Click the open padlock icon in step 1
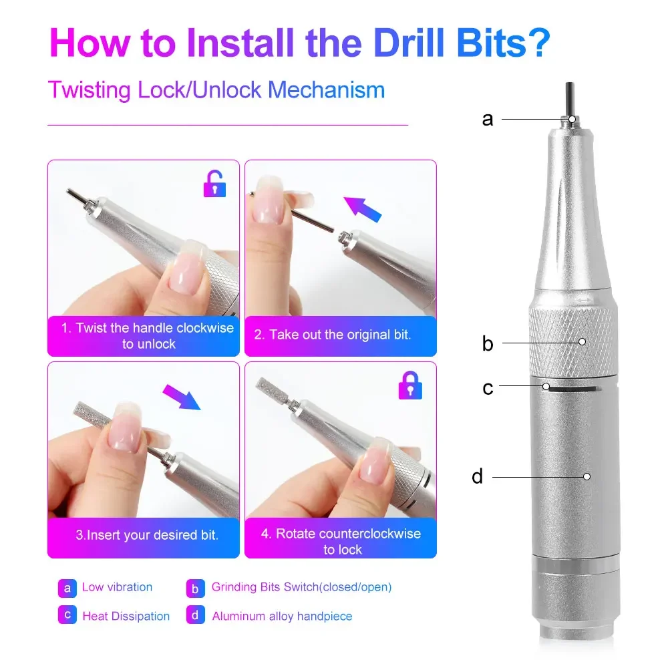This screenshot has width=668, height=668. click(x=214, y=184)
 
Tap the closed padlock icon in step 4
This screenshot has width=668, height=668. click(x=409, y=385)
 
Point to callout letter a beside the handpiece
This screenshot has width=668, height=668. click(x=488, y=120)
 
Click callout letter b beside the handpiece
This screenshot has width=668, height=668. click(x=488, y=344)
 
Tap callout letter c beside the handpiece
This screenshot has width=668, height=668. click(x=488, y=387)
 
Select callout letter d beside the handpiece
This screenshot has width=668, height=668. click(x=477, y=477)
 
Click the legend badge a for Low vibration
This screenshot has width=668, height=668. click(x=67, y=588)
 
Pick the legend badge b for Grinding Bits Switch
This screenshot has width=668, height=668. click(x=195, y=588)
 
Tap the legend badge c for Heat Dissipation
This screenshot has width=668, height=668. click(x=67, y=616)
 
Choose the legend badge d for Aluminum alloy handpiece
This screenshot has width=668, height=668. click(x=195, y=616)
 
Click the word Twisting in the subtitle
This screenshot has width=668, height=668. click(x=90, y=90)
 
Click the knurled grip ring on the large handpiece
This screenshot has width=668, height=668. click(x=573, y=341)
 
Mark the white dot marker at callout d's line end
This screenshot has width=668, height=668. click(x=587, y=476)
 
